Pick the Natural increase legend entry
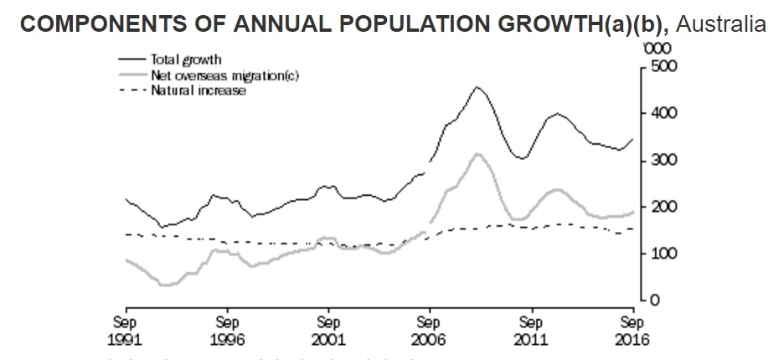(x=198, y=90)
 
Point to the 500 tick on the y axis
(x=658, y=66)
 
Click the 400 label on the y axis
(x=658, y=113)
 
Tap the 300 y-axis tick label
(x=658, y=160)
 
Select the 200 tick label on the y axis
(x=658, y=207)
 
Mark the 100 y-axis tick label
(x=658, y=254)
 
